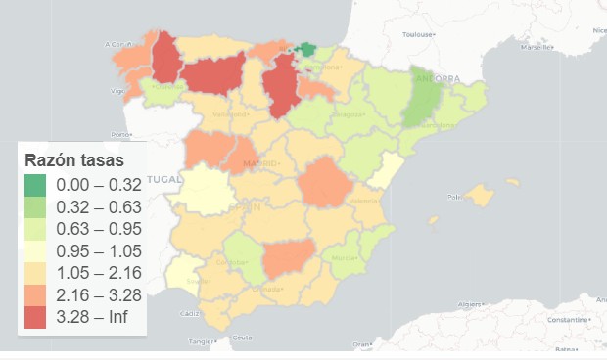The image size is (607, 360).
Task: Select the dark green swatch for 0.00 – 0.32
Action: [x=36, y=184]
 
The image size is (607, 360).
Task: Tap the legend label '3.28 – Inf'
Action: [x=98, y=316]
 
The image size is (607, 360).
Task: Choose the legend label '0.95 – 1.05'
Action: [x=98, y=249]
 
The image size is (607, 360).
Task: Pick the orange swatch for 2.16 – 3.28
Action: [x=36, y=294]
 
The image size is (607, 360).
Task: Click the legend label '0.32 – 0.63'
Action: [x=98, y=206]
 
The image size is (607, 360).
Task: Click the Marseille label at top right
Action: [x=537, y=46]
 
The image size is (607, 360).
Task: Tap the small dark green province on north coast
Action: [x=307, y=49]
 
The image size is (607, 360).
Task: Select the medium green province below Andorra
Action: [x=423, y=103]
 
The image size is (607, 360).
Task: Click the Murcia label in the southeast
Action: [x=344, y=258]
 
